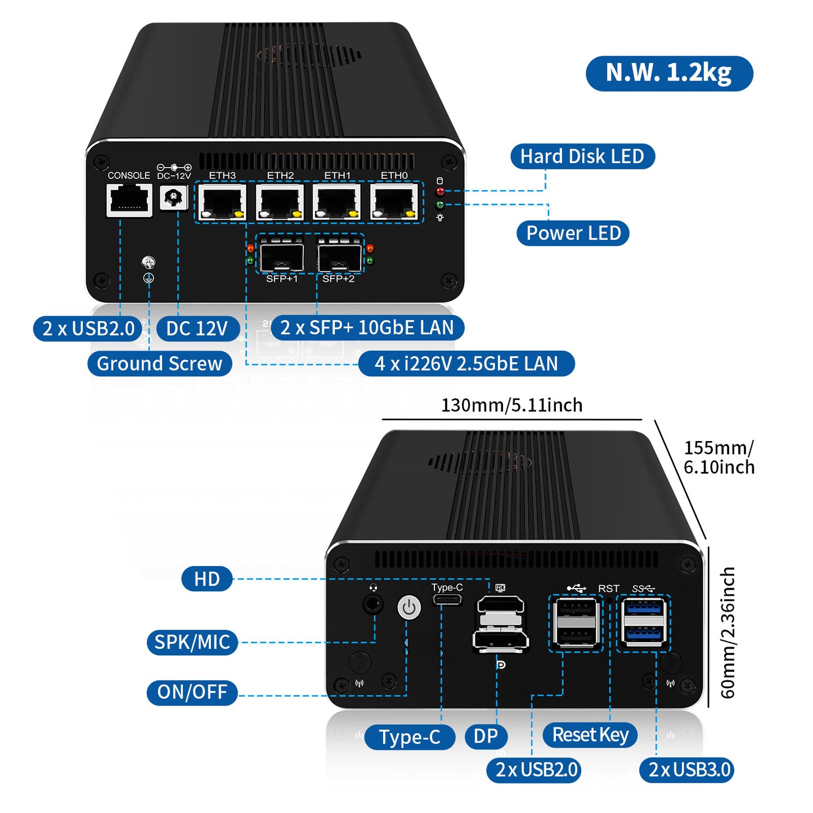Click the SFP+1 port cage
281,257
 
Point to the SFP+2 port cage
339,257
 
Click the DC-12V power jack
173,198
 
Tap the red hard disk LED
440,192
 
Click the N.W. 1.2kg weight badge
669,73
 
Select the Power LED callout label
573,233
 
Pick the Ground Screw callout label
160,363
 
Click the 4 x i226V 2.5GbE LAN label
466,363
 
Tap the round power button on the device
409,608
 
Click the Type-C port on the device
447,600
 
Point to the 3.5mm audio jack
372,605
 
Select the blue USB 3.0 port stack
644,622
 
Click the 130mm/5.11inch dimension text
511,405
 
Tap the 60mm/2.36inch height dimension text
727,632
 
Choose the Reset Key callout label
590,735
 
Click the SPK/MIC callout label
192,642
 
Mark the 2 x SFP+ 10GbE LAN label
367,327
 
